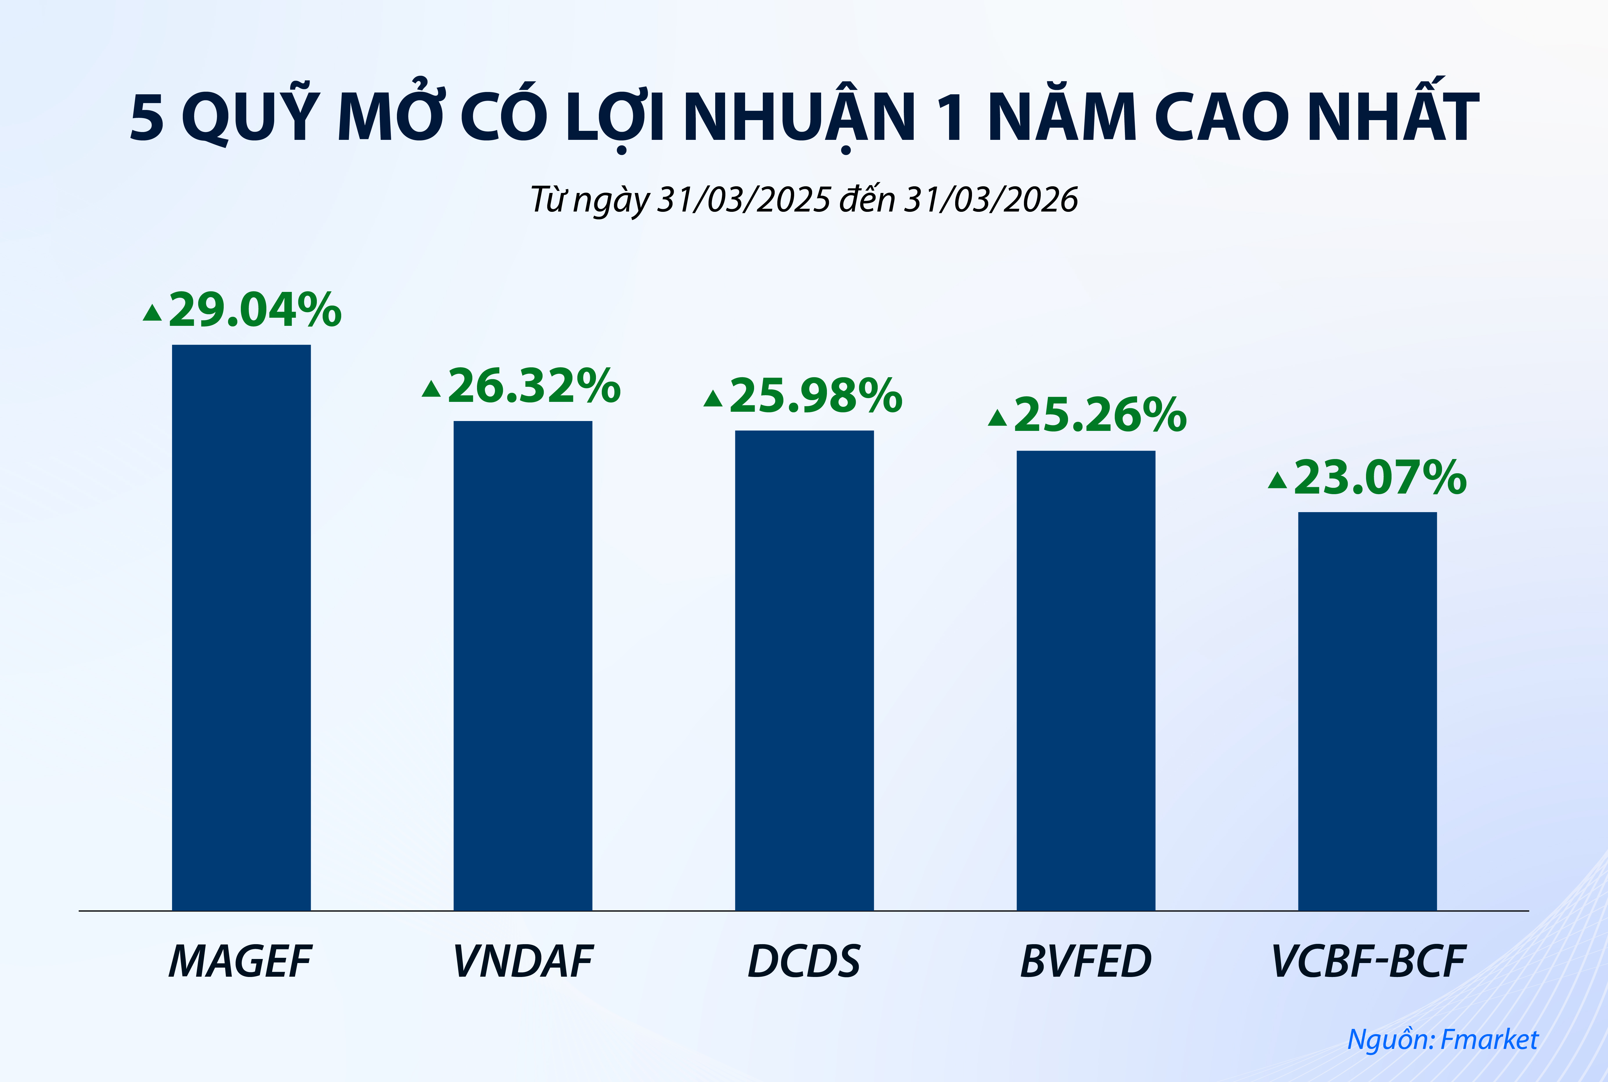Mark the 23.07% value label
pyautogui.click(x=1380, y=478)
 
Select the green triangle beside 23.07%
pyautogui.click(x=1278, y=481)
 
